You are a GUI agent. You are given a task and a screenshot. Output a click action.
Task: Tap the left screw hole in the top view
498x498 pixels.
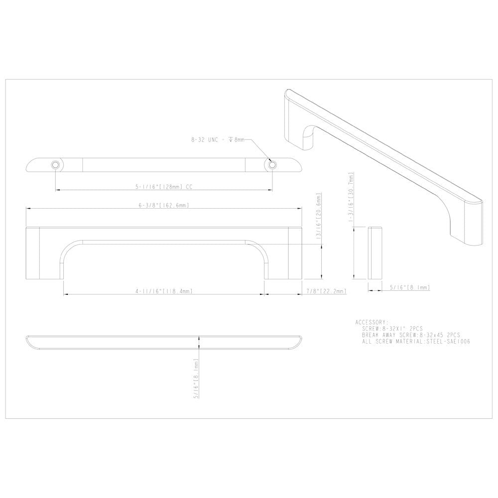coord(55,164)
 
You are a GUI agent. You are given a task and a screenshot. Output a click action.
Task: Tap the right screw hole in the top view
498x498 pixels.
coord(272,164)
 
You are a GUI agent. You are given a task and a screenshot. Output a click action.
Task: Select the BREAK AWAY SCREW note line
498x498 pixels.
coord(411,335)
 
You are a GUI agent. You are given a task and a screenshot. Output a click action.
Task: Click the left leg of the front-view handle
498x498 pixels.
coord(45,254)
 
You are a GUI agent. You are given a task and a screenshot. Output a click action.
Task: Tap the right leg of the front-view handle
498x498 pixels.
coord(284,254)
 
